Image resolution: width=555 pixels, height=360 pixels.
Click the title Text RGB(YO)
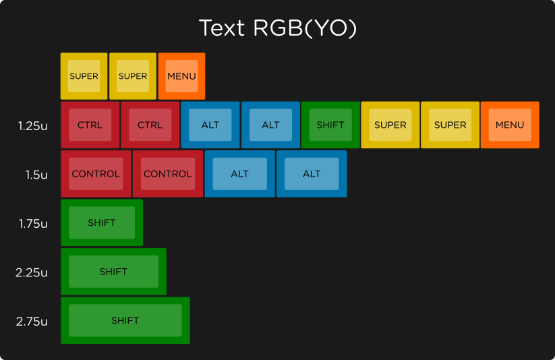(x=277, y=28)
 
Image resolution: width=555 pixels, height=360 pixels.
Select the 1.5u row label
(x=36, y=175)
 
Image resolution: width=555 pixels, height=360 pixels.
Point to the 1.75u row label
(x=33, y=224)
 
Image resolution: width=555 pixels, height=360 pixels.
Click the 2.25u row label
(x=32, y=272)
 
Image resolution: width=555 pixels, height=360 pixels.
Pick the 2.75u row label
(x=32, y=322)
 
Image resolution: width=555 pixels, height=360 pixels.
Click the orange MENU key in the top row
(x=181, y=76)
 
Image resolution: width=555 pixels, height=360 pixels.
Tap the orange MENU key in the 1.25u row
(x=510, y=125)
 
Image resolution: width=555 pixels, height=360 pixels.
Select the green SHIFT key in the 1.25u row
(x=330, y=125)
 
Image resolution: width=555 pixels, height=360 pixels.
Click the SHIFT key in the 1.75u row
(x=102, y=222)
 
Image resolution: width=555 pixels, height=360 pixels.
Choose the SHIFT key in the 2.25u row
(x=113, y=272)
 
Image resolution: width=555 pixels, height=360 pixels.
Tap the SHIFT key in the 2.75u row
(x=125, y=320)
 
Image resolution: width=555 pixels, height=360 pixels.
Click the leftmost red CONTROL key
(x=96, y=174)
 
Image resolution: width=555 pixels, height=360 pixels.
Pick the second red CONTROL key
(x=168, y=174)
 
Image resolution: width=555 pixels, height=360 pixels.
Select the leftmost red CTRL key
(x=90, y=125)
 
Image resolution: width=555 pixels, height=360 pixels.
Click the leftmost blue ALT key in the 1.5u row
(x=239, y=174)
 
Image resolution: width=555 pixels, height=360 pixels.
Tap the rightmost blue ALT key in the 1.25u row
(x=270, y=125)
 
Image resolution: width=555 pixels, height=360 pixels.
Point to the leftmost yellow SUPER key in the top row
(x=84, y=76)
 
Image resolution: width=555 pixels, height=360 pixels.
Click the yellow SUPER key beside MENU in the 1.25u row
(x=450, y=125)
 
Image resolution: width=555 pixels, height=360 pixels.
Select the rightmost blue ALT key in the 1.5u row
(x=312, y=174)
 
